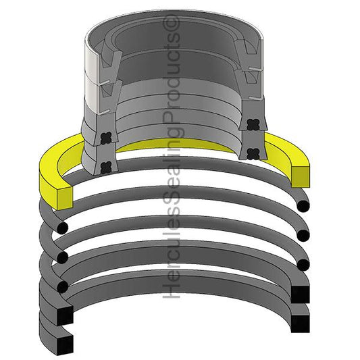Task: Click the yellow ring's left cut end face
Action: (63, 197)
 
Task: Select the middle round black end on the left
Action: (62, 259)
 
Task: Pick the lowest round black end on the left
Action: (62, 288)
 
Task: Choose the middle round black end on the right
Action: (303, 236)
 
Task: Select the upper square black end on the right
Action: (299, 294)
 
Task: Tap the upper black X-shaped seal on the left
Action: (105, 138)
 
